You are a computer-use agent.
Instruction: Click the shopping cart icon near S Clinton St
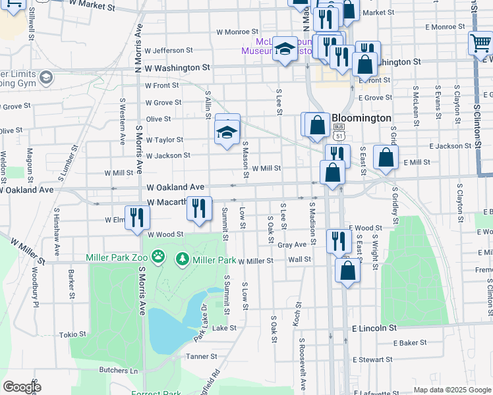(480, 43)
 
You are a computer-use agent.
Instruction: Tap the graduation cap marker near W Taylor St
(227, 132)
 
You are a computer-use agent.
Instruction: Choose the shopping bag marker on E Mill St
(386, 158)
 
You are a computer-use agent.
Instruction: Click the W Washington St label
(177, 68)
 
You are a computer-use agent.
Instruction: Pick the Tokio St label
(72, 334)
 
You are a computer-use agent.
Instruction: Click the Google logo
(22, 386)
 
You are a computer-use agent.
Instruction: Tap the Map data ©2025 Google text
(451, 390)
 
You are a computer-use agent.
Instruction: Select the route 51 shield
(339, 135)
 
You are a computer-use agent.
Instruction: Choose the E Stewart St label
(373, 359)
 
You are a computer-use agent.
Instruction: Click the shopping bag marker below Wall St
(347, 270)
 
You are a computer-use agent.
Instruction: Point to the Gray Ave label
(292, 244)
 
